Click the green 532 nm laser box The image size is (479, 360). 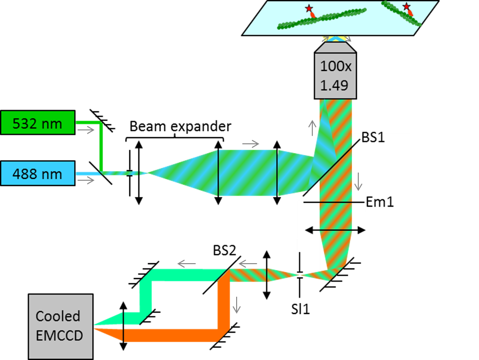pyautogui.click(x=38, y=124)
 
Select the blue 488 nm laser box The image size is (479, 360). pyautogui.click(x=38, y=174)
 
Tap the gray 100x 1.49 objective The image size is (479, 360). pyautogui.click(x=336, y=75)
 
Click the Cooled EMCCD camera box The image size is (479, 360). pyautogui.click(x=60, y=326)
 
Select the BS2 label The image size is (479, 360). pyautogui.click(x=225, y=250)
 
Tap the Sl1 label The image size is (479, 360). pyautogui.click(x=301, y=310)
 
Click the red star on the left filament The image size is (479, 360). pyautogui.click(x=309, y=9)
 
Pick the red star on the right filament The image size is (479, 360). pyautogui.click(x=407, y=7)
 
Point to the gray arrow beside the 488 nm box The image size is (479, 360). pyautogui.click(x=86, y=180)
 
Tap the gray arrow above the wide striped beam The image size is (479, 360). pyautogui.click(x=251, y=144)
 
